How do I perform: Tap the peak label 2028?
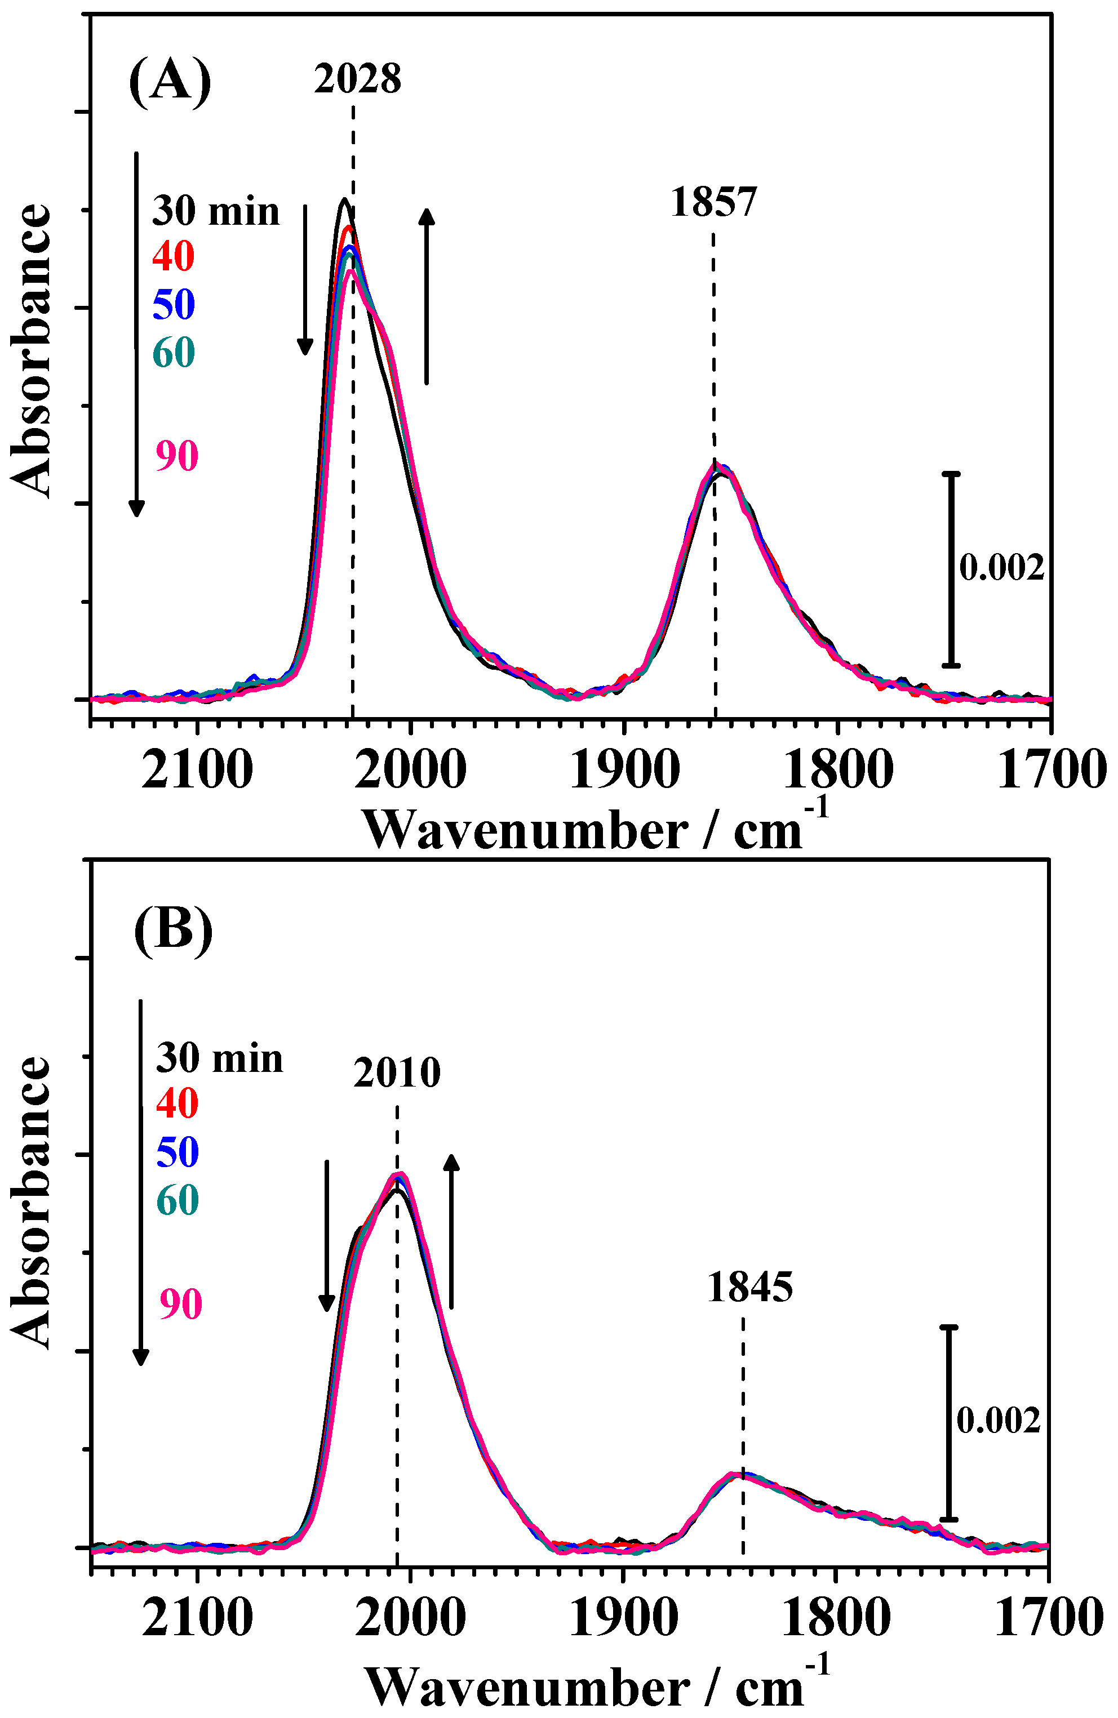[x=357, y=79]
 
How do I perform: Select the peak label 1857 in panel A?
[x=713, y=202]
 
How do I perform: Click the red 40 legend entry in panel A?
[x=174, y=256]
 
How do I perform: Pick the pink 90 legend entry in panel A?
[x=177, y=456]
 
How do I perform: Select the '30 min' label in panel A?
[x=215, y=211]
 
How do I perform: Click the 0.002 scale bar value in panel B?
[x=998, y=1421]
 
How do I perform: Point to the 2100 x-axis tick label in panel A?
[x=197, y=770]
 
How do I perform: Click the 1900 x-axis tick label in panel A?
[x=624, y=770]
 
